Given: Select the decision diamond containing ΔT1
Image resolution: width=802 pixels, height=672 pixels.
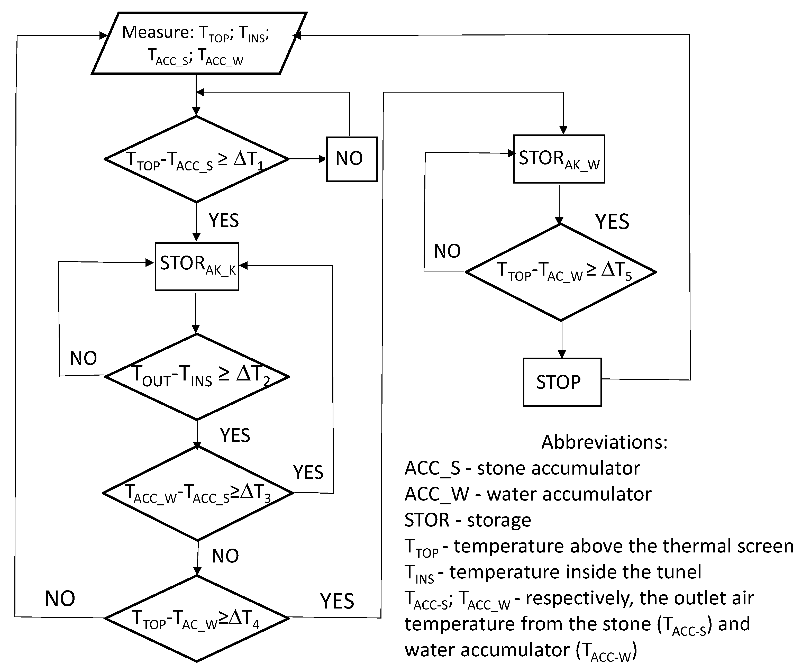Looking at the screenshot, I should [x=196, y=159].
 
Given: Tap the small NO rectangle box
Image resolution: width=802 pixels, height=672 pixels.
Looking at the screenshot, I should [x=351, y=159].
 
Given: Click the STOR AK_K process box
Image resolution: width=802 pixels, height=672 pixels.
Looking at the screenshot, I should [x=197, y=266].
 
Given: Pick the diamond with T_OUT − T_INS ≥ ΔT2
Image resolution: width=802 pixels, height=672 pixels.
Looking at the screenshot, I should [x=197, y=376].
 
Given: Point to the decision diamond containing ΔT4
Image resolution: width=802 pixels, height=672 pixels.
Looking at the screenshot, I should [x=197, y=618].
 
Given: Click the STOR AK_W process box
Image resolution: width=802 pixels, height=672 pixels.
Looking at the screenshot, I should [x=559, y=159].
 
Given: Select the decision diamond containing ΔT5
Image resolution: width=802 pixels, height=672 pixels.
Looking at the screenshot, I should [x=561, y=272].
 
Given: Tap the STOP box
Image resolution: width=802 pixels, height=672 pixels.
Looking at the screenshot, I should [x=562, y=382].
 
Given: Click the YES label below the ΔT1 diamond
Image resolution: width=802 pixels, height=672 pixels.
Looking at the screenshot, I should [x=223, y=220].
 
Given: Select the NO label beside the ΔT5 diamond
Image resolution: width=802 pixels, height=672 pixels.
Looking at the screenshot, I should [x=447, y=251].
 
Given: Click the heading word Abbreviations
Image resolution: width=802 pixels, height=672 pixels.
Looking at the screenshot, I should [x=604, y=442].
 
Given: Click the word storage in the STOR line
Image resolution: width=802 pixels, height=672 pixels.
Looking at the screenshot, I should [x=499, y=520].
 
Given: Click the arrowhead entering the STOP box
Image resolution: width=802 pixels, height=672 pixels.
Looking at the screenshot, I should [x=562, y=354].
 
